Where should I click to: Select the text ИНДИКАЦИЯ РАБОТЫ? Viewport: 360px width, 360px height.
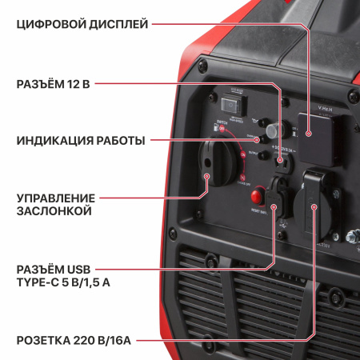click(x=80, y=141)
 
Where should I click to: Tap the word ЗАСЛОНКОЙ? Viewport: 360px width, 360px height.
click(x=54, y=211)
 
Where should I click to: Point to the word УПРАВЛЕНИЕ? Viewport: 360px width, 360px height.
click(x=55, y=198)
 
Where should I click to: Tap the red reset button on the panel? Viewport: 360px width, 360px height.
click(x=258, y=196)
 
